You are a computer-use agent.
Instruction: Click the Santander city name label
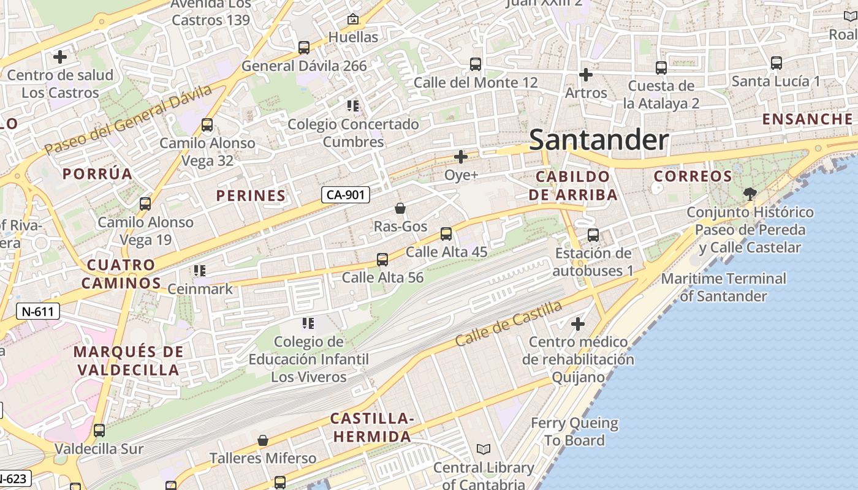tap(598, 140)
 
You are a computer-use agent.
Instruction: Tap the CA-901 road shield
tap(346, 195)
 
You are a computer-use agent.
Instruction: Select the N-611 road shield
tap(38, 311)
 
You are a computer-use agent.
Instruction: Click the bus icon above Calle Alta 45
tap(446, 233)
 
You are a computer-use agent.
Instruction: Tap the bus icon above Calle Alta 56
tap(382, 259)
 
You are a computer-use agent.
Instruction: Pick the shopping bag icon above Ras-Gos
tap(400, 208)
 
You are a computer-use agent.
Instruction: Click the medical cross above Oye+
tap(461, 157)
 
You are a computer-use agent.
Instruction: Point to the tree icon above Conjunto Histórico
tap(750, 194)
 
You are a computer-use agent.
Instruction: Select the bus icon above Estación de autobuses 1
tap(593, 235)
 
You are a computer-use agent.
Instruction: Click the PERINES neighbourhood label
tap(251, 196)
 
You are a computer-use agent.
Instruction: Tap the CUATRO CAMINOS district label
tap(121, 274)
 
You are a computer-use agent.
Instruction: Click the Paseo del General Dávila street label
tap(129, 119)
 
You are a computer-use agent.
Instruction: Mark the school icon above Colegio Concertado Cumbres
tap(353, 106)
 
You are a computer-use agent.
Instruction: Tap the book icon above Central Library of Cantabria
tap(484, 450)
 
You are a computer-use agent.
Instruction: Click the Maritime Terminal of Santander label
tap(723, 287)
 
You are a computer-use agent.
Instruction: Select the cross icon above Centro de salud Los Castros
tap(60, 57)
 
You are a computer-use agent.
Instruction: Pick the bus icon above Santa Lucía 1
tap(776, 62)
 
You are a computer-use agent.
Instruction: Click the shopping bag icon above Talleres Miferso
tap(263, 440)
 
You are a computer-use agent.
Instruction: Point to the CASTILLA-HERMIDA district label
tap(371, 428)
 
